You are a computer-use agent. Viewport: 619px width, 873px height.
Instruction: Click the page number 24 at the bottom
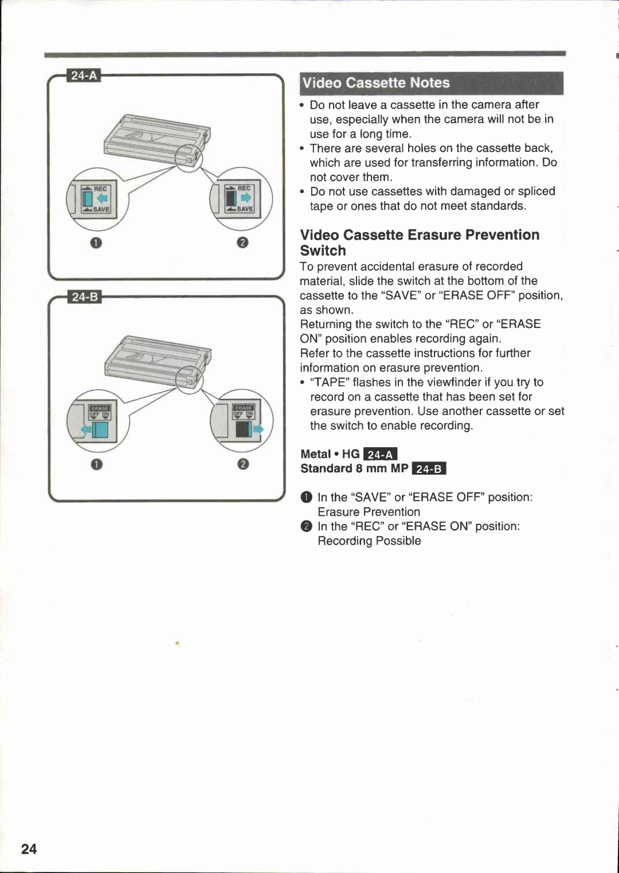tap(29, 849)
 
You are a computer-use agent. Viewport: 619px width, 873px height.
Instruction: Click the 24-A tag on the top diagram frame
tap(84, 76)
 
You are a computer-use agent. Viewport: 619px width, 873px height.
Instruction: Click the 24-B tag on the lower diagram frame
tap(84, 297)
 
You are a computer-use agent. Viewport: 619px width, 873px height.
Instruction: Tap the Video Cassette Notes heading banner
tap(431, 83)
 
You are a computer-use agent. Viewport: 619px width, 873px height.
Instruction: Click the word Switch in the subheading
tap(323, 250)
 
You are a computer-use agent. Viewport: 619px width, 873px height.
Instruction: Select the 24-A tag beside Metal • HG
tap(381, 455)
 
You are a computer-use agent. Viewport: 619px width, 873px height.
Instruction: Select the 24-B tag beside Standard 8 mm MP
tap(429, 469)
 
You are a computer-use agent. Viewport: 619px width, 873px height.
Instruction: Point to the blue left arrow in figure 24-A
tap(103, 198)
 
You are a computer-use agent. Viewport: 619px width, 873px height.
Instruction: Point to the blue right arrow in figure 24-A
tap(245, 198)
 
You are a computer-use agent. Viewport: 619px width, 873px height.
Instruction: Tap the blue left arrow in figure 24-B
tap(86, 429)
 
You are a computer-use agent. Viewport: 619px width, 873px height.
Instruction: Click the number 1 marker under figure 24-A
tap(96, 242)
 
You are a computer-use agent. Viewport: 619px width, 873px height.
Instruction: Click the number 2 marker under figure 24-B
tap(242, 464)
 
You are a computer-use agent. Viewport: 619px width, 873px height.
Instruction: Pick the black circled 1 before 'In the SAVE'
tap(307, 497)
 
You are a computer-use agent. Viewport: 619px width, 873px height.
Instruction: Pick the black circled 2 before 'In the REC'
tap(307, 526)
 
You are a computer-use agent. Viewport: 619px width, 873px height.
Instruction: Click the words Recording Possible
tap(369, 541)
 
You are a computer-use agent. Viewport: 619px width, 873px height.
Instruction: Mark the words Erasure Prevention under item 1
tap(369, 512)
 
